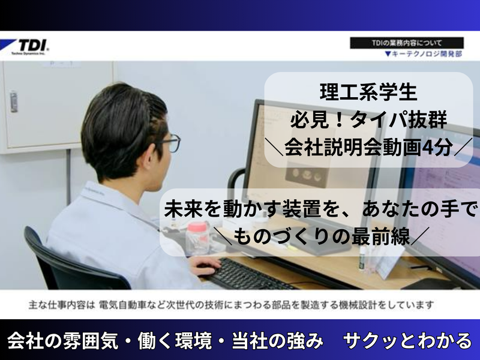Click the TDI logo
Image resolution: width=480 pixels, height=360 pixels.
coord(29,46)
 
